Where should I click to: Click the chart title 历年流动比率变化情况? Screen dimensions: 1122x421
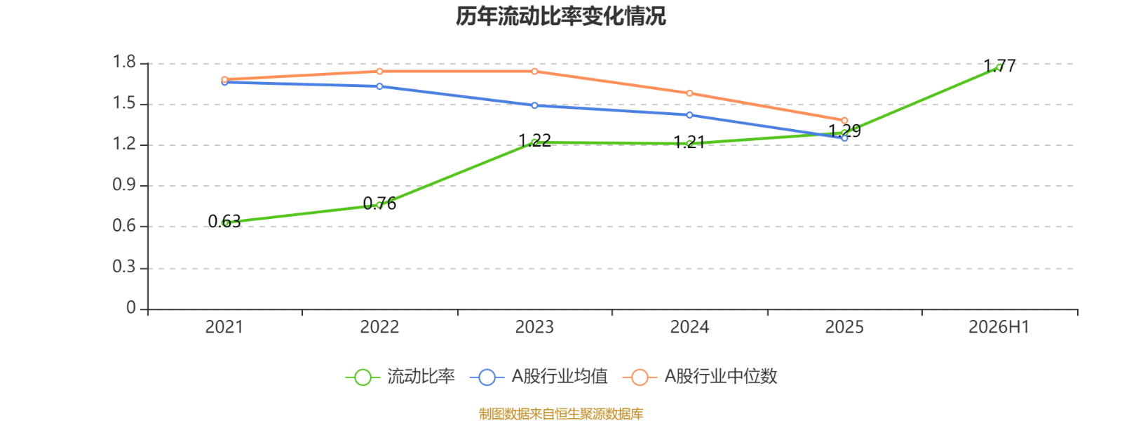tap(560, 16)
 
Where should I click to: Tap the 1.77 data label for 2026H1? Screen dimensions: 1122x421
tap(999, 66)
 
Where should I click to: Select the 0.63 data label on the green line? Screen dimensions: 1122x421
tap(224, 221)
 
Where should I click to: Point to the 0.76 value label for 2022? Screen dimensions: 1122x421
tap(379, 203)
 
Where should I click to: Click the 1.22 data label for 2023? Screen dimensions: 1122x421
tap(534, 140)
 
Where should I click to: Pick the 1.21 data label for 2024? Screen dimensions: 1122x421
tap(689, 142)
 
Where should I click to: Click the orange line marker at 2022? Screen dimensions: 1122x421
tap(379, 71)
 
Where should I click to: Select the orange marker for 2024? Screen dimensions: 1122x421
tap(690, 93)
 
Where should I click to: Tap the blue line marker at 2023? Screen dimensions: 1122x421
tap(534, 105)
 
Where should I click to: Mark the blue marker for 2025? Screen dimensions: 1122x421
tap(844, 138)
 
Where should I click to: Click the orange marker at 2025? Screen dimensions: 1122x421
tap(844, 120)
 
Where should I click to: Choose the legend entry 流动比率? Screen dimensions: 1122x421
tap(400, 376)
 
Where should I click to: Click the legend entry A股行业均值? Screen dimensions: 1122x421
tap(539, 376)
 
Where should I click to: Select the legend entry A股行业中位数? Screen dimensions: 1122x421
tap(700, 376)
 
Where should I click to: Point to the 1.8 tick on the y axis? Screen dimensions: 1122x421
tap(124, 62)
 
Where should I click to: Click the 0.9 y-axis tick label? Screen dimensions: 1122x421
tap(124, 185)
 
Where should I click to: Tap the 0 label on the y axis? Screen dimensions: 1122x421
tap(131, 307)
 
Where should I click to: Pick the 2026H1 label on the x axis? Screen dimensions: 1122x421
tap(999, 327)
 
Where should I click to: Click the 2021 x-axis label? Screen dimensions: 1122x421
tap(224, 327)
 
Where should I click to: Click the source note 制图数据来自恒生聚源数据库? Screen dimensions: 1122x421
tap(560, 413)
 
